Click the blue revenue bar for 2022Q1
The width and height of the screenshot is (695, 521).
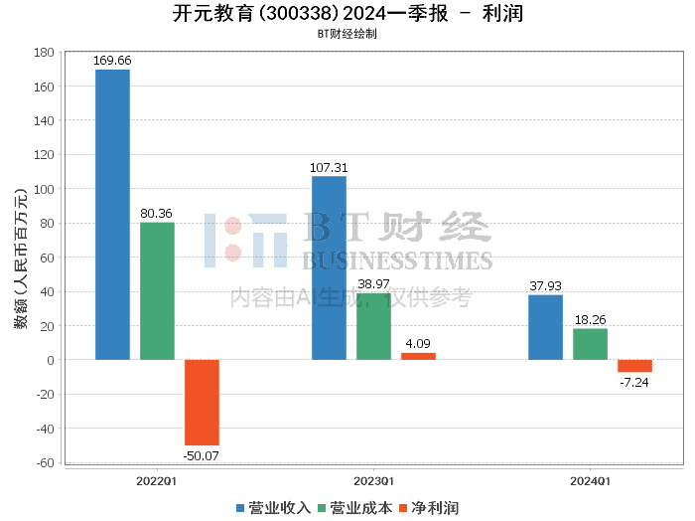[x=112, y=214]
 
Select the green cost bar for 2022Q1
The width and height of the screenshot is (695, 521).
[x=157, y=290]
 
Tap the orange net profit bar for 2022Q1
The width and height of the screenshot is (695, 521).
[x=202, y=402]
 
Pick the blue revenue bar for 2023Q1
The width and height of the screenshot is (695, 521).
[x=329, y=267]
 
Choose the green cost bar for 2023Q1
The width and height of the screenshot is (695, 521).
[x=373, y=326]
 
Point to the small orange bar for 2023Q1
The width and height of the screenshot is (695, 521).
[x=418, y=356]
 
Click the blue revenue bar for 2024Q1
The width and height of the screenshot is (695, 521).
[x=545, y=327]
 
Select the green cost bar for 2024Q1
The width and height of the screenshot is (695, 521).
[x=590, y=344]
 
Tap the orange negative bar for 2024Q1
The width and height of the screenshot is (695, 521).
[x=634, y=366]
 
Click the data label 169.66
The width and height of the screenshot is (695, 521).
[x=112, y=61]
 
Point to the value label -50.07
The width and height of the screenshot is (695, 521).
[x=202, y=455]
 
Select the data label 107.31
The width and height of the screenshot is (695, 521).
[x=329, y=168]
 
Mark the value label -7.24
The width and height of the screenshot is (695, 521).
[x=634, y=382]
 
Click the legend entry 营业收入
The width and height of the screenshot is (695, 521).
[x=273, y=508]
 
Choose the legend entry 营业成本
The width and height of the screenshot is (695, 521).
[x=354, y=508]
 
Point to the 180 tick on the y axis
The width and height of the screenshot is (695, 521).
[x=43, y=53]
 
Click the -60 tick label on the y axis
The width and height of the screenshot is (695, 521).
[x=43, y=462]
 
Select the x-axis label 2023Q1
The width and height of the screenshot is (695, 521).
[x=373, y=480]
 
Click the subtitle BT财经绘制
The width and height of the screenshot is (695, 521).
[x=347, y=33]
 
